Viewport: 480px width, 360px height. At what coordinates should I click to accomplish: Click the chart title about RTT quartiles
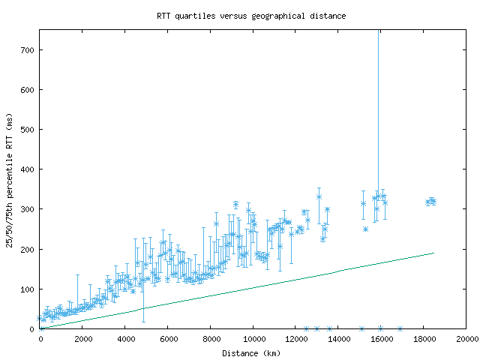[251, 15]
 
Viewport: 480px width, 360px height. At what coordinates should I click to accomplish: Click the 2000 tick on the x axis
[82, 338]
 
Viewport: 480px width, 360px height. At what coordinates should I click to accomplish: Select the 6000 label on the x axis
[168, 338]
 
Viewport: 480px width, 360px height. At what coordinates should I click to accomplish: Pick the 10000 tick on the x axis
[253, 338]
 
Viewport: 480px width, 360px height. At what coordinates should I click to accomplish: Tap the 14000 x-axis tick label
[339, 338]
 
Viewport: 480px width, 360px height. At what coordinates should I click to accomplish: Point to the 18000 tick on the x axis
[424, 338]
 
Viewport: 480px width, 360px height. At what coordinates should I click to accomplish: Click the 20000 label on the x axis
[466, 338]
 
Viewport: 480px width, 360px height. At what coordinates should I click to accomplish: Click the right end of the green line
[433, 253]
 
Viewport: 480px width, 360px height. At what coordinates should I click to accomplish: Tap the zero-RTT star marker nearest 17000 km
[400, 328]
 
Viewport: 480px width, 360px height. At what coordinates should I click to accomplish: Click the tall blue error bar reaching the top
[378, 112]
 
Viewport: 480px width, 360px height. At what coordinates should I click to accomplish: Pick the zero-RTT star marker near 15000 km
[361, 328]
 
